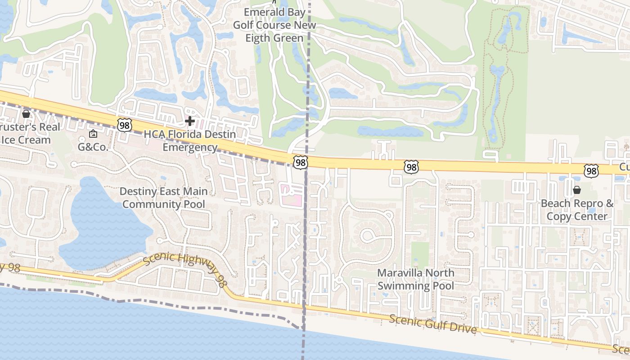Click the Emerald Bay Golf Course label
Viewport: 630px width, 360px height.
274,25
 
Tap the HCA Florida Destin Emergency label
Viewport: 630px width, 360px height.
190,141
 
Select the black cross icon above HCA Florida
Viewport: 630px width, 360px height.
190,121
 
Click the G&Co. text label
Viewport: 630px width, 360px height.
93,147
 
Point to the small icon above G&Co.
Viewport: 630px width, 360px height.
93,134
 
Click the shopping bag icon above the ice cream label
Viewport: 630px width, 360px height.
26,114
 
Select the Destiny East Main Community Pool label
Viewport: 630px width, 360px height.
164,198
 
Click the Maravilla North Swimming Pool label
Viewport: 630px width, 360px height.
415,279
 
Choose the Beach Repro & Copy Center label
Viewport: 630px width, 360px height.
577,210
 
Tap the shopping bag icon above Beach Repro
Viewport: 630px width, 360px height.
577,190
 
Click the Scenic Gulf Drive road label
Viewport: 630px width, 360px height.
432,324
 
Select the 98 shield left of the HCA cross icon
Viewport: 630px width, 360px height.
125,125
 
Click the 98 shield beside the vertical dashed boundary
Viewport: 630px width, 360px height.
300,162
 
